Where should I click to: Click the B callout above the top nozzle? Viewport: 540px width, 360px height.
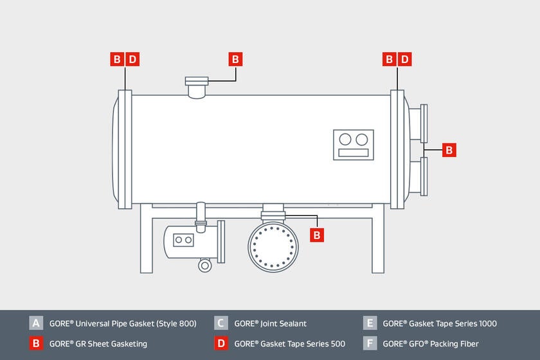[x=235, y=60]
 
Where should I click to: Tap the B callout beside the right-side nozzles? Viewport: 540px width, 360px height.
[x=449, y=150]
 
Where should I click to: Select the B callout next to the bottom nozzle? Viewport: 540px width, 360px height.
[x=316, y=235]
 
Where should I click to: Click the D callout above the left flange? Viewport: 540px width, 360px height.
[x=132, y=60]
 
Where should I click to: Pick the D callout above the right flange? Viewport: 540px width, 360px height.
[x=404, y=60]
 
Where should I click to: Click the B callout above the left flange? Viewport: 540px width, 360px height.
[x=117, y=60]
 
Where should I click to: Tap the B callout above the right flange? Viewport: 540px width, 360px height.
[x=389, y=60]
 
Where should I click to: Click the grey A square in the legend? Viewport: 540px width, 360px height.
[x=36, y=323]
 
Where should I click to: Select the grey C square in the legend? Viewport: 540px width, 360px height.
[x=221, y=323]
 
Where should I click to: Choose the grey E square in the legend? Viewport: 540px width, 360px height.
[x=369, y=323]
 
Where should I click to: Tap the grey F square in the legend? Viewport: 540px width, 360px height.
[x=369, y=343]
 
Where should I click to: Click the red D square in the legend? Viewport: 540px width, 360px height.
[x=221, y=343]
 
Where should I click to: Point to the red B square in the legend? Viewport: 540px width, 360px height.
[x=36, y=343]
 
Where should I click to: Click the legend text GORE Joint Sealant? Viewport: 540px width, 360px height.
[x=270, y=323]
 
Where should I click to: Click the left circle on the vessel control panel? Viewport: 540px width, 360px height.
[x=345, y=139]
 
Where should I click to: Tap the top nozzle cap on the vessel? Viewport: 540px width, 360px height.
[x=197, y=81]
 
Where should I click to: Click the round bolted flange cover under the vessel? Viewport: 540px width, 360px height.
[x=273, y=247]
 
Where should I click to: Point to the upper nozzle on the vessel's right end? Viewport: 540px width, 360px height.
[x=419, y=123]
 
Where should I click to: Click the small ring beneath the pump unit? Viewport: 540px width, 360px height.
[x=205, y=265]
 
